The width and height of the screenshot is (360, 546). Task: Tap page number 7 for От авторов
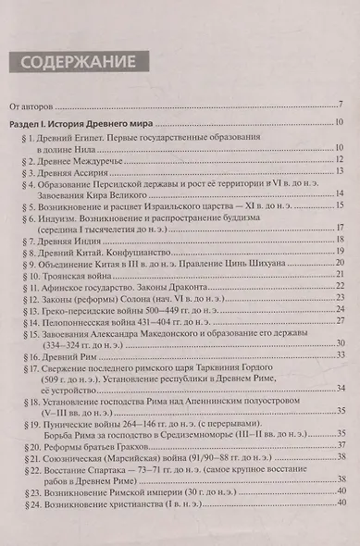[x=340, y=104]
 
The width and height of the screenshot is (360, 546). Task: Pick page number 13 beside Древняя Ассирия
[x=339, y=170]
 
